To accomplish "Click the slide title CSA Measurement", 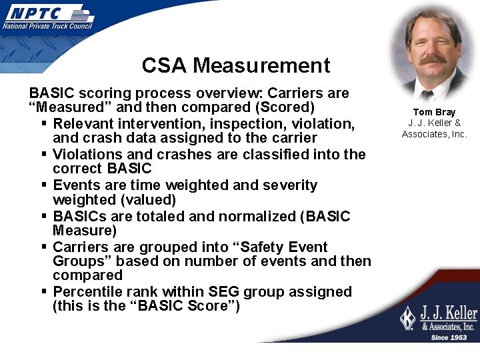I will pyautogui.click(x=236, y=65).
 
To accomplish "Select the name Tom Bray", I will pyautogui.click(x=434, y=112).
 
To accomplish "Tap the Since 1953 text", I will pyautogui.click(x=449, y=337).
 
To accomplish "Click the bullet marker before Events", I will pyautogui.click(x=43, y=185).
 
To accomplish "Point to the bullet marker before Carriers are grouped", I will pyautogui.click(x=43, y=247).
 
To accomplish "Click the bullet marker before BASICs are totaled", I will pyautogui.click(x=43, y=216).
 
